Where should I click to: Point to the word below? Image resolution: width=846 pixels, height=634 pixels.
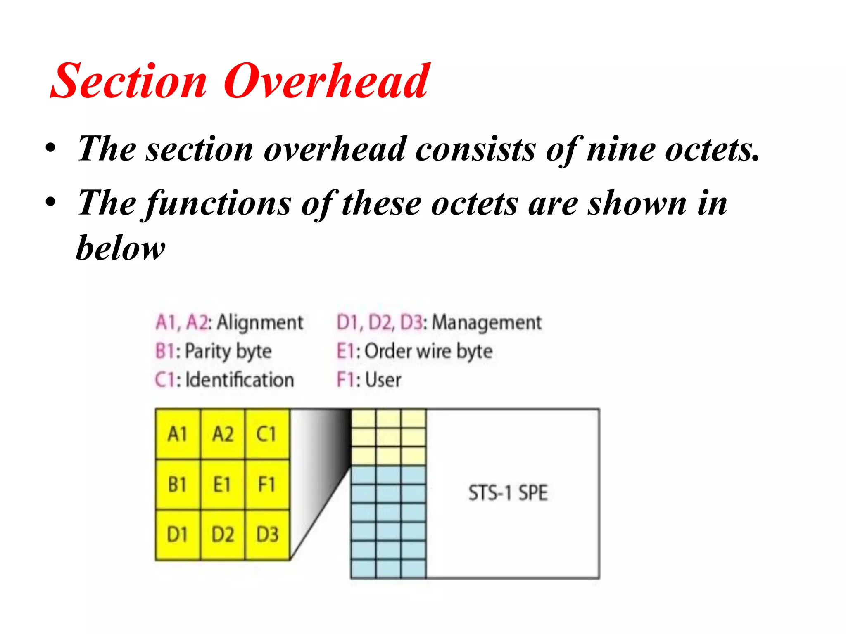pos(121,248)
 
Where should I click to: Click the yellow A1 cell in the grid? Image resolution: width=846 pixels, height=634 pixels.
pos(178,434)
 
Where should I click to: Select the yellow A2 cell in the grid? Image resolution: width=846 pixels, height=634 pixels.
pos(223,434)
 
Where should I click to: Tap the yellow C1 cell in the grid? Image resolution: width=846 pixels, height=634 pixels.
pos(267,434)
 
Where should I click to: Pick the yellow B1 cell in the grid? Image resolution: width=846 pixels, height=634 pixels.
pos(178,485)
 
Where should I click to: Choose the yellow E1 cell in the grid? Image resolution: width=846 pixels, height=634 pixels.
pos(223,485)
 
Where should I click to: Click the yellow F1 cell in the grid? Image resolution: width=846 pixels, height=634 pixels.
pos(267,485)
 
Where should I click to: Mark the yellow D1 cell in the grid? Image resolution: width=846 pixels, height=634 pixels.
pos(178,535)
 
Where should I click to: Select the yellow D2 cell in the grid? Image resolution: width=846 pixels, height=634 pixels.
pos(223,535)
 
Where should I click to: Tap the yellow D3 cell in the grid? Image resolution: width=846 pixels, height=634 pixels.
pos(267,535)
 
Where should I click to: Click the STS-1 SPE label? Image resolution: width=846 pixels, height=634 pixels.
pos(508,493)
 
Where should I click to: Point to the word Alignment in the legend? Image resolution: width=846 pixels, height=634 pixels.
pos(260,322)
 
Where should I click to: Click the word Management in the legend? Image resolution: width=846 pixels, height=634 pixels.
pos(487,322)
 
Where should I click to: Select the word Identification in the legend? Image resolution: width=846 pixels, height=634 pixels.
pos(240,380)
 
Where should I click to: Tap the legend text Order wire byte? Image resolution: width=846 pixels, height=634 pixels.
pos(429,351)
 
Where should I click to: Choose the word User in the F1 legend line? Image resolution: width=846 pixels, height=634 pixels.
pos(383,380)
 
